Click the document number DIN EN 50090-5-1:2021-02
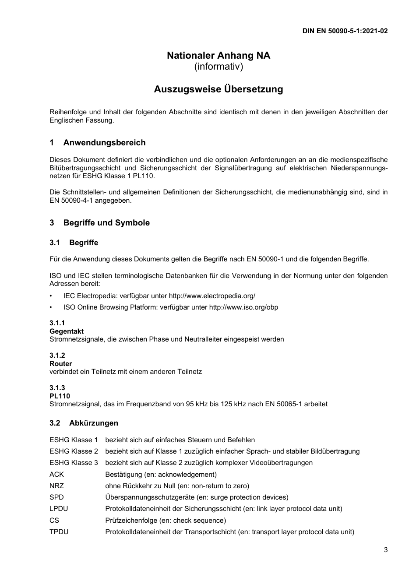(345, 31)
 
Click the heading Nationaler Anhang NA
(219, 56)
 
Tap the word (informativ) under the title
(219, 67)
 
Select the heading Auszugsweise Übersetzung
(219, 89)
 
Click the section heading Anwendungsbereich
(104, 143)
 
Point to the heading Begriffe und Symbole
(106, 223)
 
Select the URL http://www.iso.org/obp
(243, 307)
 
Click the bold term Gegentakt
(67, 331)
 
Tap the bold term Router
(61, 364)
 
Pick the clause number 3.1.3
(57, 388)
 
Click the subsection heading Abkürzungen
(93, 423)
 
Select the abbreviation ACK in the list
(56, 475)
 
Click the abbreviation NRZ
(56, 486)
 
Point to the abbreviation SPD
(56, 497)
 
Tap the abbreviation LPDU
(59, 509)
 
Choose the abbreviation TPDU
(59, 532)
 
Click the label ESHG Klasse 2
(74, 451)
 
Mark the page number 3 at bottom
(385, 550)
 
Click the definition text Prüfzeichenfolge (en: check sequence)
(166, 521)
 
